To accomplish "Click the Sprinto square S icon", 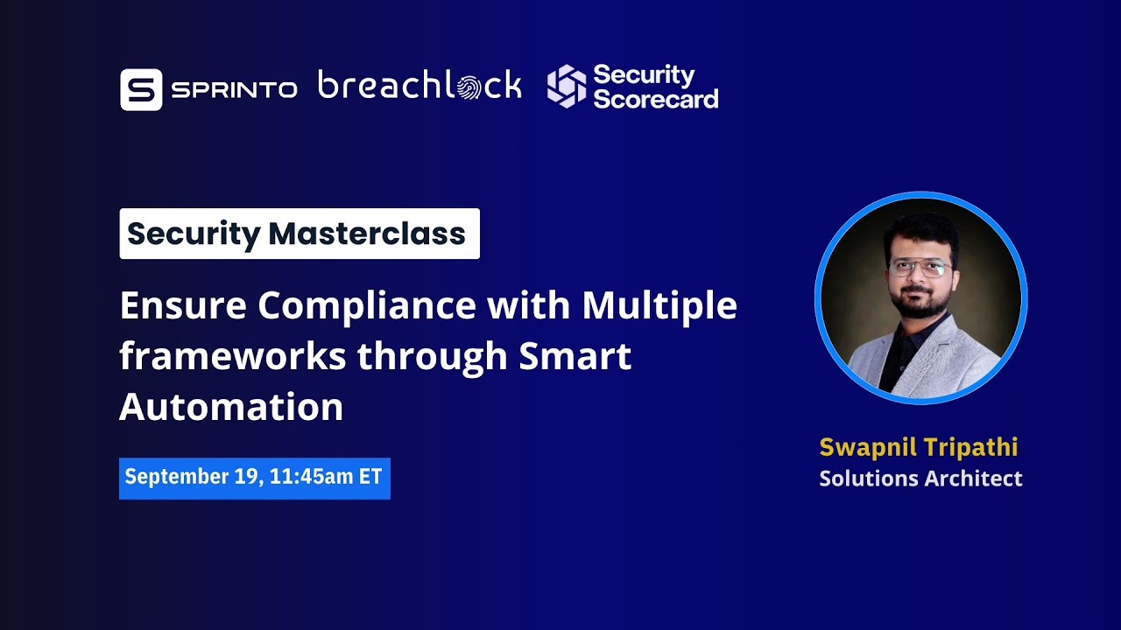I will (141, 89).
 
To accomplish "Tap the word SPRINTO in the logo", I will (234, 89).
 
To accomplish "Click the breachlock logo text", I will (419, 86).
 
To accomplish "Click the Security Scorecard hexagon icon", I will (567, 87).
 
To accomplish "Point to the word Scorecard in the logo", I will (656, 98).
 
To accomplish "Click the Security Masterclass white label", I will (300, 234).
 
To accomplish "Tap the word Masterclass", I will (367, 234).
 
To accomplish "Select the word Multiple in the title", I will (659, 305).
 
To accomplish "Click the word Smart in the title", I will (575, 356).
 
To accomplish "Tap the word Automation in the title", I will (231, 407).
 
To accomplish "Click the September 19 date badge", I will (254, 478).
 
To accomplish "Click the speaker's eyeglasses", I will (919, 268).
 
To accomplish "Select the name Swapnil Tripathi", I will (919, 447).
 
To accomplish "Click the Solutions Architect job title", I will (920, 479).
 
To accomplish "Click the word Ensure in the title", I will (181, 305).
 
